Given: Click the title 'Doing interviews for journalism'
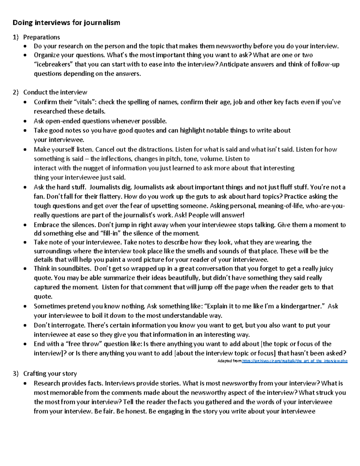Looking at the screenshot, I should point(66,23).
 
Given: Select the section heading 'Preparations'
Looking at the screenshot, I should point(41,37).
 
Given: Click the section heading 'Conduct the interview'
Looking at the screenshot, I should point(55,92).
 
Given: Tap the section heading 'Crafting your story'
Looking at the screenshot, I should point(50,374).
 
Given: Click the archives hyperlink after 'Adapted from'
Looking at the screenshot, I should point(295,361).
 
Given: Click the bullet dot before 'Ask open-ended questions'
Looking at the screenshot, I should point(26,122).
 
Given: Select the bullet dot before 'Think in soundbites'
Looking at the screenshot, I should point(26,269).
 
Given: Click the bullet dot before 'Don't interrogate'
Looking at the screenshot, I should point(26,326).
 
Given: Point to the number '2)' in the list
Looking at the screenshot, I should point(16,92).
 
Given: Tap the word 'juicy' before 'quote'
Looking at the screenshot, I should point(325,269).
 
